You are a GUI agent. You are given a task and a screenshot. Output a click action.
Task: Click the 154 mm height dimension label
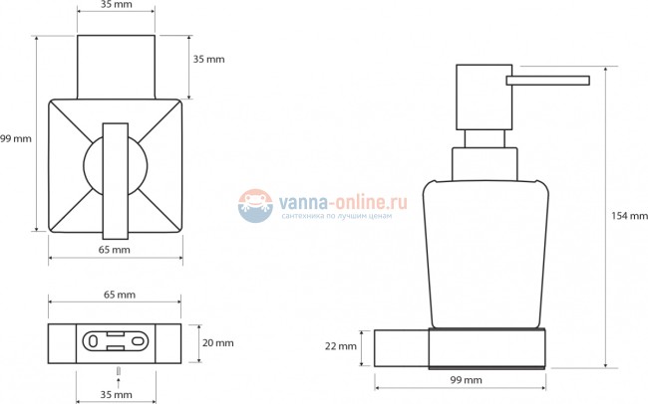pos(629,215)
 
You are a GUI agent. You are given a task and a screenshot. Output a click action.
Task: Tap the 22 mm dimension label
pos(341,346)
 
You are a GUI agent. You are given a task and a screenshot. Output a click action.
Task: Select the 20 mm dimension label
pos(217,343)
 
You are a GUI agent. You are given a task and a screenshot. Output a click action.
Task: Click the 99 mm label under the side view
pos(467,380)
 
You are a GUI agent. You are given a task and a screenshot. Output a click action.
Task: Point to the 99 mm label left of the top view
pos(16,138)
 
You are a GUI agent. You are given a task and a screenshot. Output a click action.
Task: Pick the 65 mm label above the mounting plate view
pos(120,295)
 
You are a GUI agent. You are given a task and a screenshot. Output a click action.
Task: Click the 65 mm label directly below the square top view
pos(114,250)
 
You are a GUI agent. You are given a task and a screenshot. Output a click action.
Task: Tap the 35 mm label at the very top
pos(117,5)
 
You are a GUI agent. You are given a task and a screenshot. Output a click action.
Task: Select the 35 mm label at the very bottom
pos(116,394)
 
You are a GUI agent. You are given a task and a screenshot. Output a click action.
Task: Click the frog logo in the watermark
pos(255,206)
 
